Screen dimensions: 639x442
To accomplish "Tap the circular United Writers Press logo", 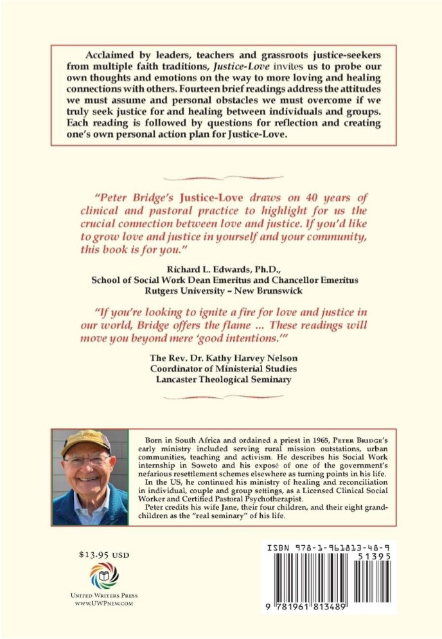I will [x=104, y=575].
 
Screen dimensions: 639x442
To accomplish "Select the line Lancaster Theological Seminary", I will [x=220, y=379].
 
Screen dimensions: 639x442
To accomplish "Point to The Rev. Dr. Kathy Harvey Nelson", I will [x=220, y=357].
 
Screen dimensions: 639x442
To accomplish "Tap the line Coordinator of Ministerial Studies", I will [x=220, y=368].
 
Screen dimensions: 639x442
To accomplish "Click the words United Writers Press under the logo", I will [x=104, y=595].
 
